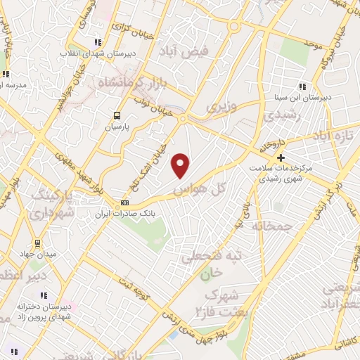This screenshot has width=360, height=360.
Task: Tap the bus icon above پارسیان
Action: (117, 117)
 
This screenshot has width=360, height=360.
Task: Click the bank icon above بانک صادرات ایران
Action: (125, 202)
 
